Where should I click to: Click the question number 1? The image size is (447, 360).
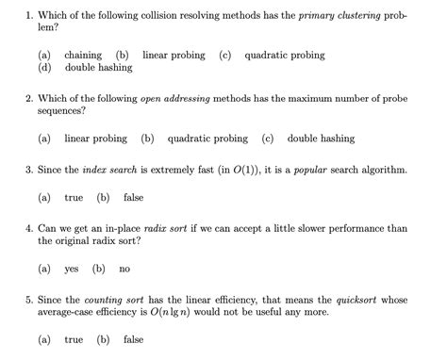point(29,14)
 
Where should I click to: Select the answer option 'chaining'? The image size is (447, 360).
point(82,56)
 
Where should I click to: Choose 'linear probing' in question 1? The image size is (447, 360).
point(174,56)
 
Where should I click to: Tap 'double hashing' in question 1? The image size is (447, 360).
point(98,69)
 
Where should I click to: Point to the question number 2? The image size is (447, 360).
point(29,97)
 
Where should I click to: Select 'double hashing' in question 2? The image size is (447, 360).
point(321,139)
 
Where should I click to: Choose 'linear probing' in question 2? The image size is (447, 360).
point(95,139)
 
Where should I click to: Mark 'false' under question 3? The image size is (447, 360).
point(133,198)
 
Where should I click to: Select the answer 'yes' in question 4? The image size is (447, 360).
point(71,269)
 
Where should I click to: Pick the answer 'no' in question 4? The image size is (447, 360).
point(124,269)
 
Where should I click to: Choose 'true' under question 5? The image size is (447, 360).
point(74,339)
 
